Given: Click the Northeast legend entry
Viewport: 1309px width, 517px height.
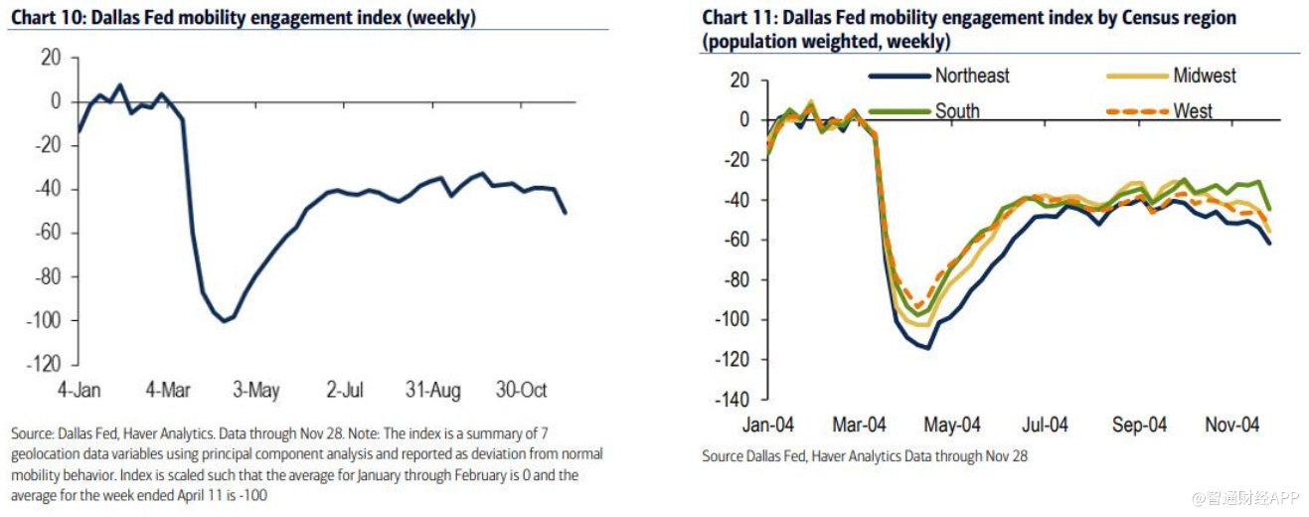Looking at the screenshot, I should [972, 76].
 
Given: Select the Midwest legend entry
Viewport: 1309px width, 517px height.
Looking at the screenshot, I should [1205, 76].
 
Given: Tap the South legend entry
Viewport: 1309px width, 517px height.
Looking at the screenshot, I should [956, 110].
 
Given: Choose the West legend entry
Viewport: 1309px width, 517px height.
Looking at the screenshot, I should [1192, 110].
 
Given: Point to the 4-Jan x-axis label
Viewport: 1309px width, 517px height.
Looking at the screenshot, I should [80, 391].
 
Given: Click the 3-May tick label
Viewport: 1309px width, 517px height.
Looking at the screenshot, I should [256, 391].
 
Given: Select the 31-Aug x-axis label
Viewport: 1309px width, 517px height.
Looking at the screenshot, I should [432, 391].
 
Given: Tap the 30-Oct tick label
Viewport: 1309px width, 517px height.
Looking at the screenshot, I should [521, 391].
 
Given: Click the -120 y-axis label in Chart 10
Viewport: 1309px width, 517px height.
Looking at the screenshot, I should [44, 364].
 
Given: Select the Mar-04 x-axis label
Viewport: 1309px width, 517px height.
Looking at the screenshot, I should [859, 425].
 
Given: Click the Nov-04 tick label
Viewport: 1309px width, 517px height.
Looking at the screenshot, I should [1232, 425].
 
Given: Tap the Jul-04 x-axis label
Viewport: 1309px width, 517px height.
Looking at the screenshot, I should [1045, 425].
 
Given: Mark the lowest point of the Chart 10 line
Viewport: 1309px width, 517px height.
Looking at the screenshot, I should [224, 320].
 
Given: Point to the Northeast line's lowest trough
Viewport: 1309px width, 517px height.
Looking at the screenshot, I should [927, 348].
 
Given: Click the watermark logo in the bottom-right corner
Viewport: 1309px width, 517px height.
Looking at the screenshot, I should [1199, 495].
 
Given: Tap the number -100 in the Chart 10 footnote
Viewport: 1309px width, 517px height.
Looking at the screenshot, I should [255, 494].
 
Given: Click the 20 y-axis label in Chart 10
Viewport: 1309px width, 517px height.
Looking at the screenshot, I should [51, 58].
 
